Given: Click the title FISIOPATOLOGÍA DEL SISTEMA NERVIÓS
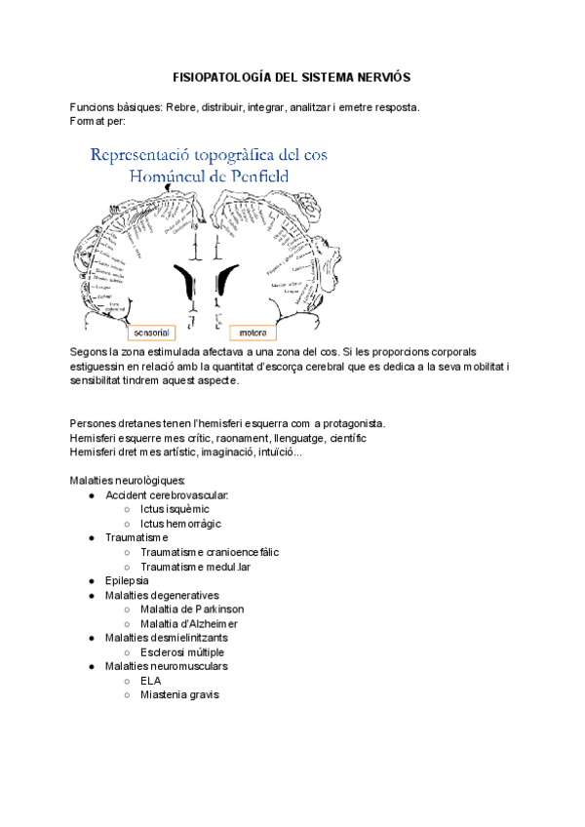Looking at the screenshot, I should click(x=292, y=76).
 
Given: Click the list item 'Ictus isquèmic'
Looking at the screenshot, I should click(x=175, y=509).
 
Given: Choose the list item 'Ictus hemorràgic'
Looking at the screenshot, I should click(x=180, y=524).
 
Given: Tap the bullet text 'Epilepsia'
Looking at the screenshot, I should click(x=127, y=580).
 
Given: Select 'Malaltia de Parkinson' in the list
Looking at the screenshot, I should click(x=192, y=609).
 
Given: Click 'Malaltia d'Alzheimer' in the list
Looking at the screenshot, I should click(x=189, y=623).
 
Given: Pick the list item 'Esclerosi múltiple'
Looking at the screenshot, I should click(x=182, y=651).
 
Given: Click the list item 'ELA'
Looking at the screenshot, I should click(x=151, y=681).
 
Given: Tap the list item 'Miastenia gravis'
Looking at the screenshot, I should click(x=179, y=694).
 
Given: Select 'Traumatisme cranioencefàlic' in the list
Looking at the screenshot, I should click(x=210, y=552).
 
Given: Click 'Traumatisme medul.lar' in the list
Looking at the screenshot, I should click(x=196, y=567).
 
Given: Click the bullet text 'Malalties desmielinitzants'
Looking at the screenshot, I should click(x=167, y=638).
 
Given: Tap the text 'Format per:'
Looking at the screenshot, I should click(x=97, y=121).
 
